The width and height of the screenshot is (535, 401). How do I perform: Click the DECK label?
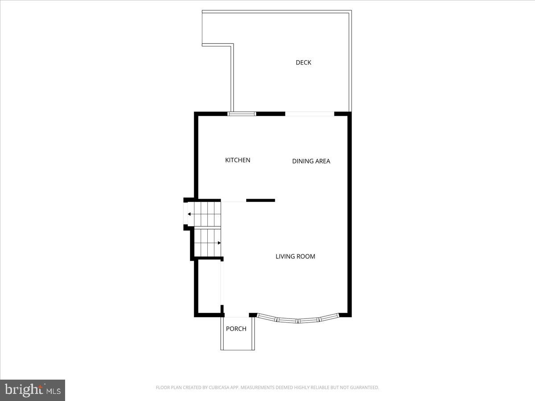(x=304, y=62)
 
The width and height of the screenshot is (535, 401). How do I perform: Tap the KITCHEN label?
(x=238, y=160)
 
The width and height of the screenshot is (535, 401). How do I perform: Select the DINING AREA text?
(x=311, y=161)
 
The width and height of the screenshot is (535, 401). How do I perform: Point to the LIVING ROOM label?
(x=295, y=256)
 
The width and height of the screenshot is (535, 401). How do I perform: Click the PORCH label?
(x=236, y=329)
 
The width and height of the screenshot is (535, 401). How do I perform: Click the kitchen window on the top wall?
(x=242, y=114)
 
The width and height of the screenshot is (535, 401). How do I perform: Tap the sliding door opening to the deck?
(x=309, y=114)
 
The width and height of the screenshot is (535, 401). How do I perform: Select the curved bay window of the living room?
(x=298, y=319)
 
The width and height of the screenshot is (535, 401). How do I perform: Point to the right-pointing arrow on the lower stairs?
(x=218, y=243)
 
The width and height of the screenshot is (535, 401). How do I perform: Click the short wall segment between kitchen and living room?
(x=260, y=200)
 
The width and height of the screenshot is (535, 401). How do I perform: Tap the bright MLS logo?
(x=33, y=390)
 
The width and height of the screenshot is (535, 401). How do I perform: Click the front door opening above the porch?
(x=236, y=316)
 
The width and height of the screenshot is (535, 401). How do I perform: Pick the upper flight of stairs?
(x=204, y=214)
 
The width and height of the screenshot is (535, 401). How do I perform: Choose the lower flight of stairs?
(x=208, y=243)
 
